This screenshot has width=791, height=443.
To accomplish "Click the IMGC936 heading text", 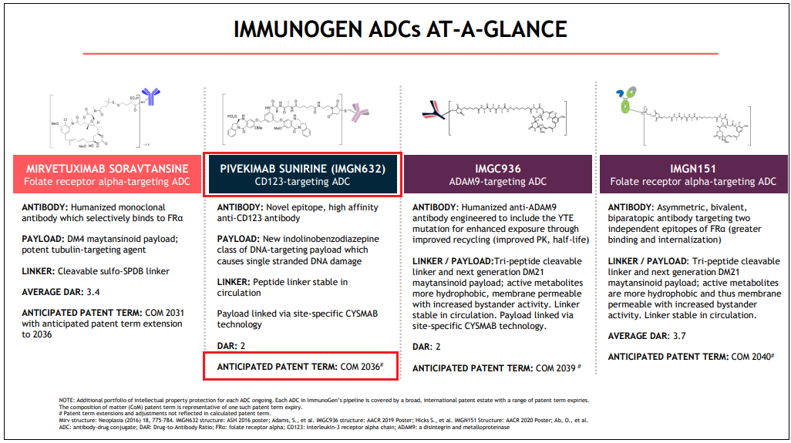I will pos(497,168).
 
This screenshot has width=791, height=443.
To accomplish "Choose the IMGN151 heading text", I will pos(693,168).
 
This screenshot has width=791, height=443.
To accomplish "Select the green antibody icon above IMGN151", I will pos(621,101).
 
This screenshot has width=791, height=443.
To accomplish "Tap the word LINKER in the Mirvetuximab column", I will pos(38,270).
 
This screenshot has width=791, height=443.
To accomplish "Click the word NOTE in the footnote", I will pos(66,400).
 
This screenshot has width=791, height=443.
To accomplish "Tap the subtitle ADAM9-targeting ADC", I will pos(497,182).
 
